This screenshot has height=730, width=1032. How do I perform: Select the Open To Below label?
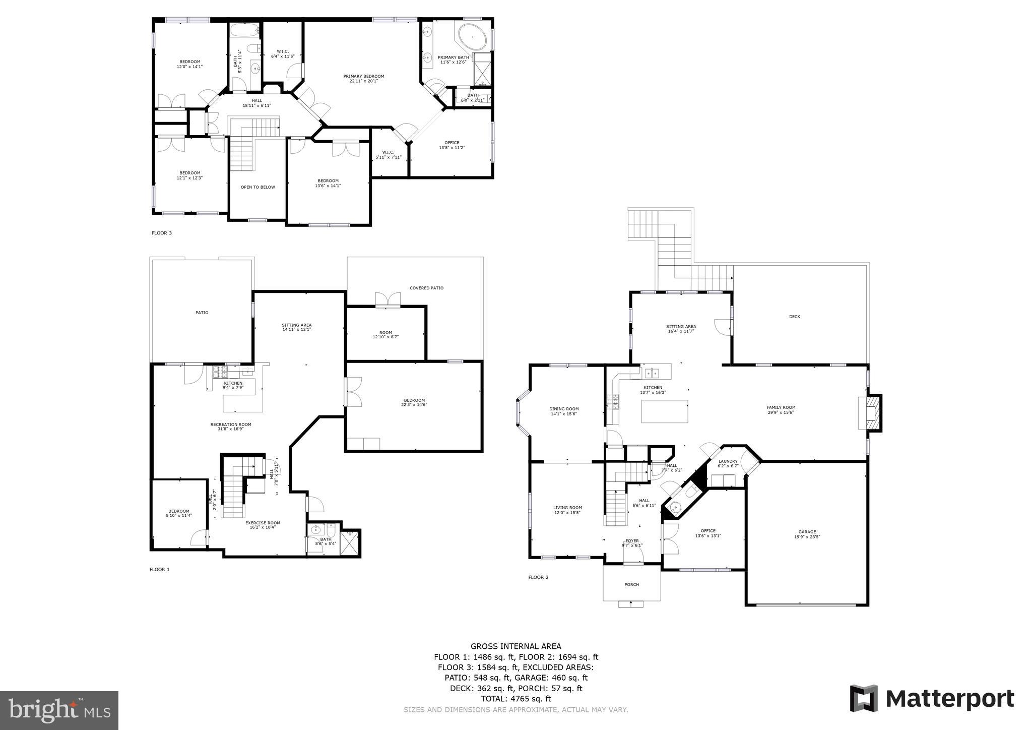pyautogui.click(x=257, y=187)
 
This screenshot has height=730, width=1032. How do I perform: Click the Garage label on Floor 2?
pyautogui.click(x=807, y=534)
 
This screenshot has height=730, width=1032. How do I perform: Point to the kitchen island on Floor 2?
pyautogui.click(x=664, y=411)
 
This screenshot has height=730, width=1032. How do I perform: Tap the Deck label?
pyautogui.click(x=794, y=317)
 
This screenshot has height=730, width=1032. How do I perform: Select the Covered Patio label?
pyautogui.click(x=426, y=288)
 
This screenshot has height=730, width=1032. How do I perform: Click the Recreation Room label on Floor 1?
pyautogui.click(x=231, y=427)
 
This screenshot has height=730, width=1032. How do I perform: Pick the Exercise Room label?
pyautogui.click(x=263, y=525)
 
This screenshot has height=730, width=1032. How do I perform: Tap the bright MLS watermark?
pyautogui.click(x=59, y=710)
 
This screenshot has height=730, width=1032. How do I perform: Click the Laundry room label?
pyautogui.click(x=728, y=463)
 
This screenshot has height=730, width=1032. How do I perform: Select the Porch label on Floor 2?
pyautogui.click(x=631, y=585)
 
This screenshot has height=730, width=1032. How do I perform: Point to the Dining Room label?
pyautogui.click(x=564, y=411)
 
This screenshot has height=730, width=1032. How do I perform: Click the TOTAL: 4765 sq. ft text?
pyautogui.click(x=516, y=699)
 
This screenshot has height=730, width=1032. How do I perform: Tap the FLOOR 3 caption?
pyautogui.click(x=162, y=233)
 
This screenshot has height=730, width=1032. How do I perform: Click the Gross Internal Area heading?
pyautogui.click(x=515, y=646)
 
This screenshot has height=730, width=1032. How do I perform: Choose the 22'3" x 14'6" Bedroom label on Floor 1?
pyautogui.click(x=414, y=402)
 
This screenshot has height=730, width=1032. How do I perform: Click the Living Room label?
pyautogui.click(x=567, y=510)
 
